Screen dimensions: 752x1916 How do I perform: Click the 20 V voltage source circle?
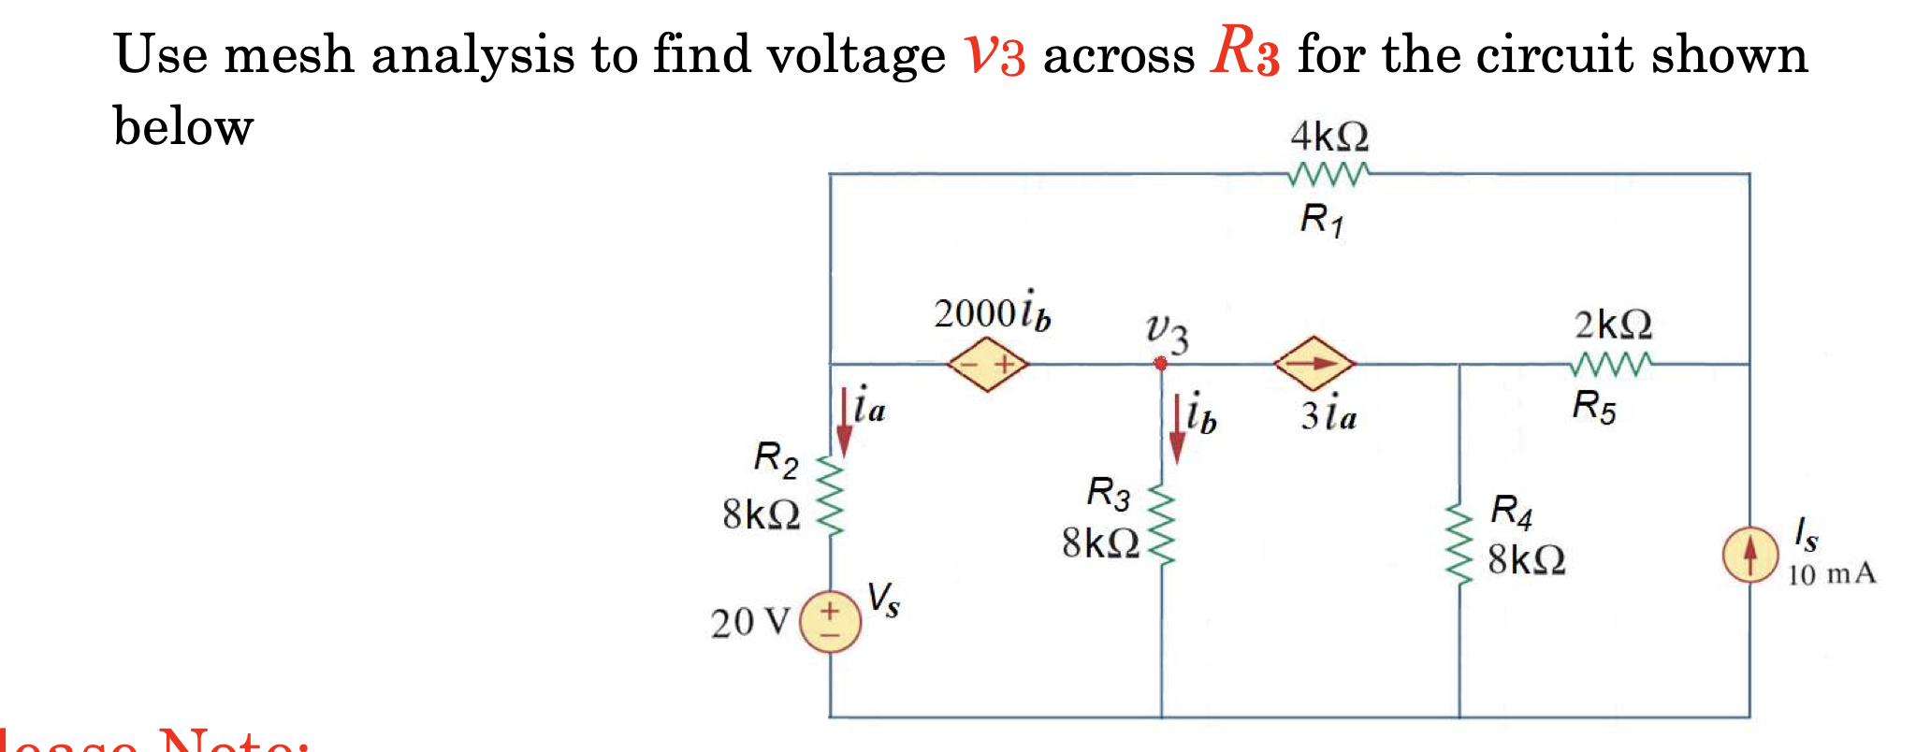[830, 622]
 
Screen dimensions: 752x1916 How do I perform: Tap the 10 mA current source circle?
[1749, 555]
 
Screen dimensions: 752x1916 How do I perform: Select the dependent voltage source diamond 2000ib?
[987, 364]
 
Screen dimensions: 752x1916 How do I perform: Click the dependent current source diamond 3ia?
[1314, 363]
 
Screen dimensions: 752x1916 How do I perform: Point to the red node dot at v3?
[1160, 363]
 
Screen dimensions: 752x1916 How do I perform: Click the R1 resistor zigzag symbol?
[1328, 174]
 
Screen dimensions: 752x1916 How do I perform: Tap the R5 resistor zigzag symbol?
[1612, 363]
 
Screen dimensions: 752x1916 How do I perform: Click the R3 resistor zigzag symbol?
[1161, 526]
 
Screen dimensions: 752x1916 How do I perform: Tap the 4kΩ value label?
[1328, 137]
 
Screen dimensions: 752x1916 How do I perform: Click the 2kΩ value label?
[1613, 325]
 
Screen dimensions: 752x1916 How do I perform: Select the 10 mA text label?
[1831, 573]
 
